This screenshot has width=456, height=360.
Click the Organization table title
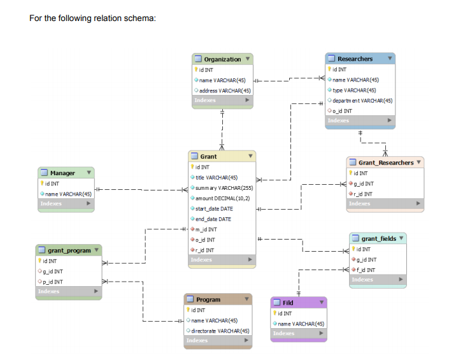coord(222,59)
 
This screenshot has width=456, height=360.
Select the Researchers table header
coord(355,59)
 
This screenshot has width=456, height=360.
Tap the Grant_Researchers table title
coord(385,162)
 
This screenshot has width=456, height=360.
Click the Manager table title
coord(62,173)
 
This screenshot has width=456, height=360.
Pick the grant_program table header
coord(69,250)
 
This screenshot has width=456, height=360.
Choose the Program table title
coord(208,299)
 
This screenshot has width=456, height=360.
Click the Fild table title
coord(288,303)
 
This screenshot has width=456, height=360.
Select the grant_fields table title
coord(378,238)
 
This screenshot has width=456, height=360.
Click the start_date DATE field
coord(213,208)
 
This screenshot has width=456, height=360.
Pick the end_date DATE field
coord(213,219)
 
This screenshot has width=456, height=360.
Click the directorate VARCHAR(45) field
coord(220,330)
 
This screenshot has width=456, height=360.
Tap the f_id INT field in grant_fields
coord(365,270)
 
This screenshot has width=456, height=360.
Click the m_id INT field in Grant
coord(205,229)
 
